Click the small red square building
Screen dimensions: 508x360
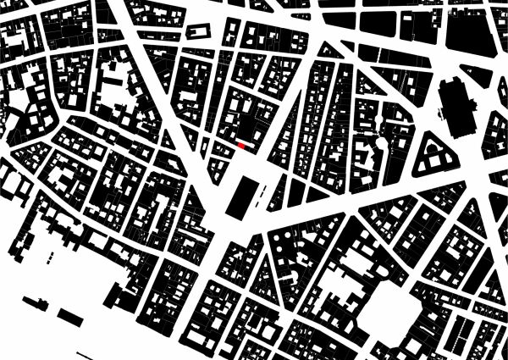click(x=242, y=146)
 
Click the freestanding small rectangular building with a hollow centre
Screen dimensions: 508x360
click(x=198, y=30)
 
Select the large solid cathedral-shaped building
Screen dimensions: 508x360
click(x=458, y=108)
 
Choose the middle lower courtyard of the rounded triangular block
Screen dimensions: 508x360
click(x=437, y=162)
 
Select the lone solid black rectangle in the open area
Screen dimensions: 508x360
click(x=71, y=317)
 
